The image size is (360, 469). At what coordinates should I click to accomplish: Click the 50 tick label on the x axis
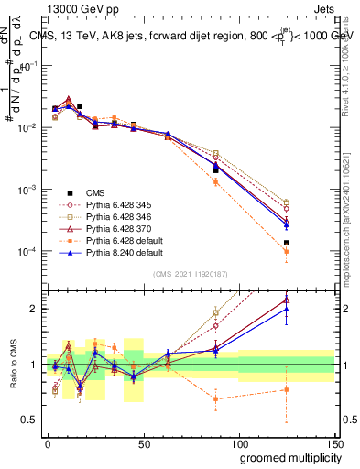click(143, 443)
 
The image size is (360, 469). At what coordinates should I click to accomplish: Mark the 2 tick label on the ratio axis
click(36, 309)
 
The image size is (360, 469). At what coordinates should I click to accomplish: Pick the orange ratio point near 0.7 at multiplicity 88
click(215, 399)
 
